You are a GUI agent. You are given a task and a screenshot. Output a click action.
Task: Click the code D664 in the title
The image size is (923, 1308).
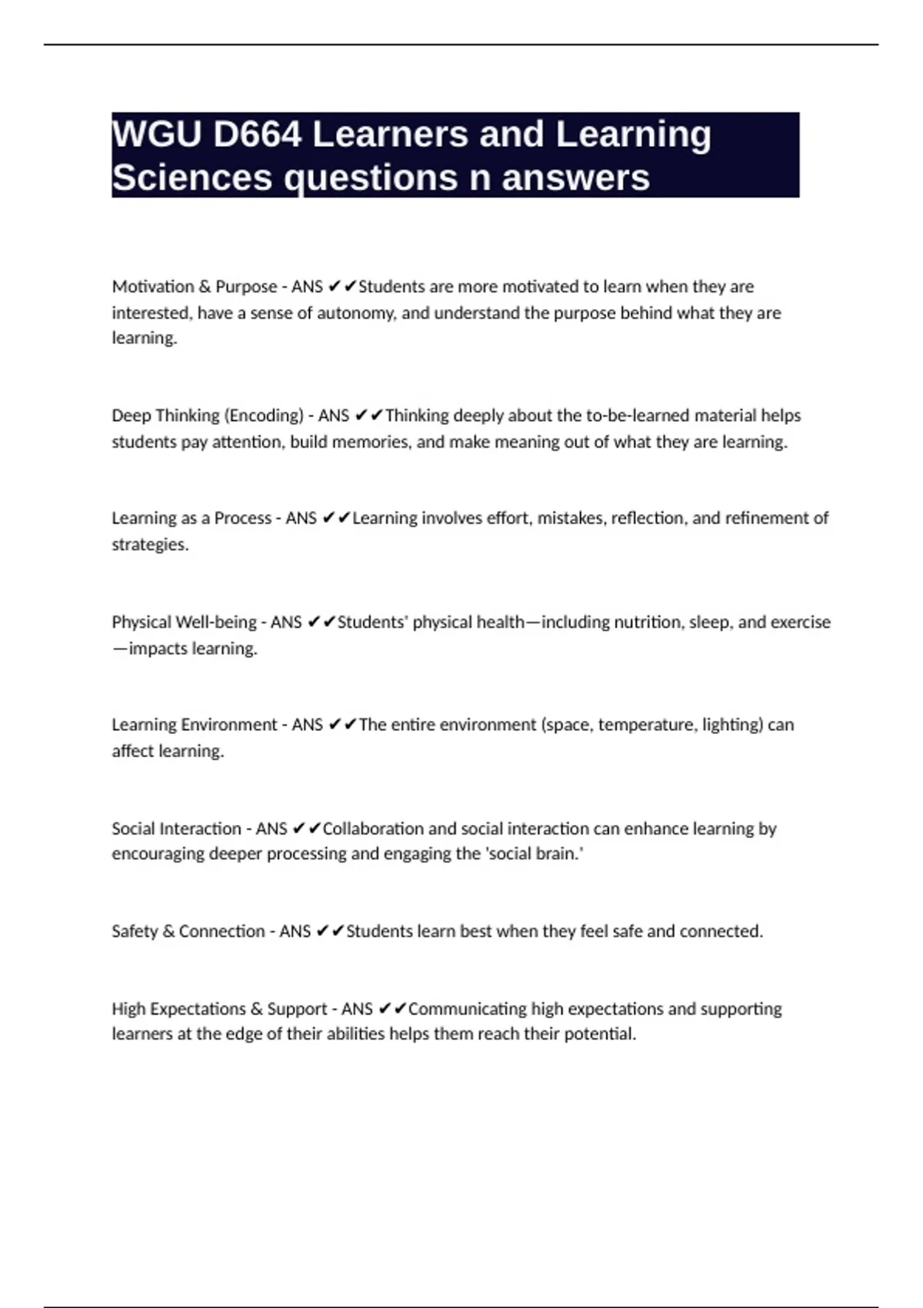coord(257,135)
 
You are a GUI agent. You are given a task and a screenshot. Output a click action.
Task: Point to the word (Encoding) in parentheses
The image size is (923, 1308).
coord(264,415)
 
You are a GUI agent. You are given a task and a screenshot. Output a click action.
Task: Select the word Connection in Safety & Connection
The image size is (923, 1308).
coord(222,931)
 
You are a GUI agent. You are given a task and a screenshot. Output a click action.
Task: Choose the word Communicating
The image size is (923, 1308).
coord(466,1009)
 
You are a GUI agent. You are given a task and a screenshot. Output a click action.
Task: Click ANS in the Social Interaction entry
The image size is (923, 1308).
coord(272,829)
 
